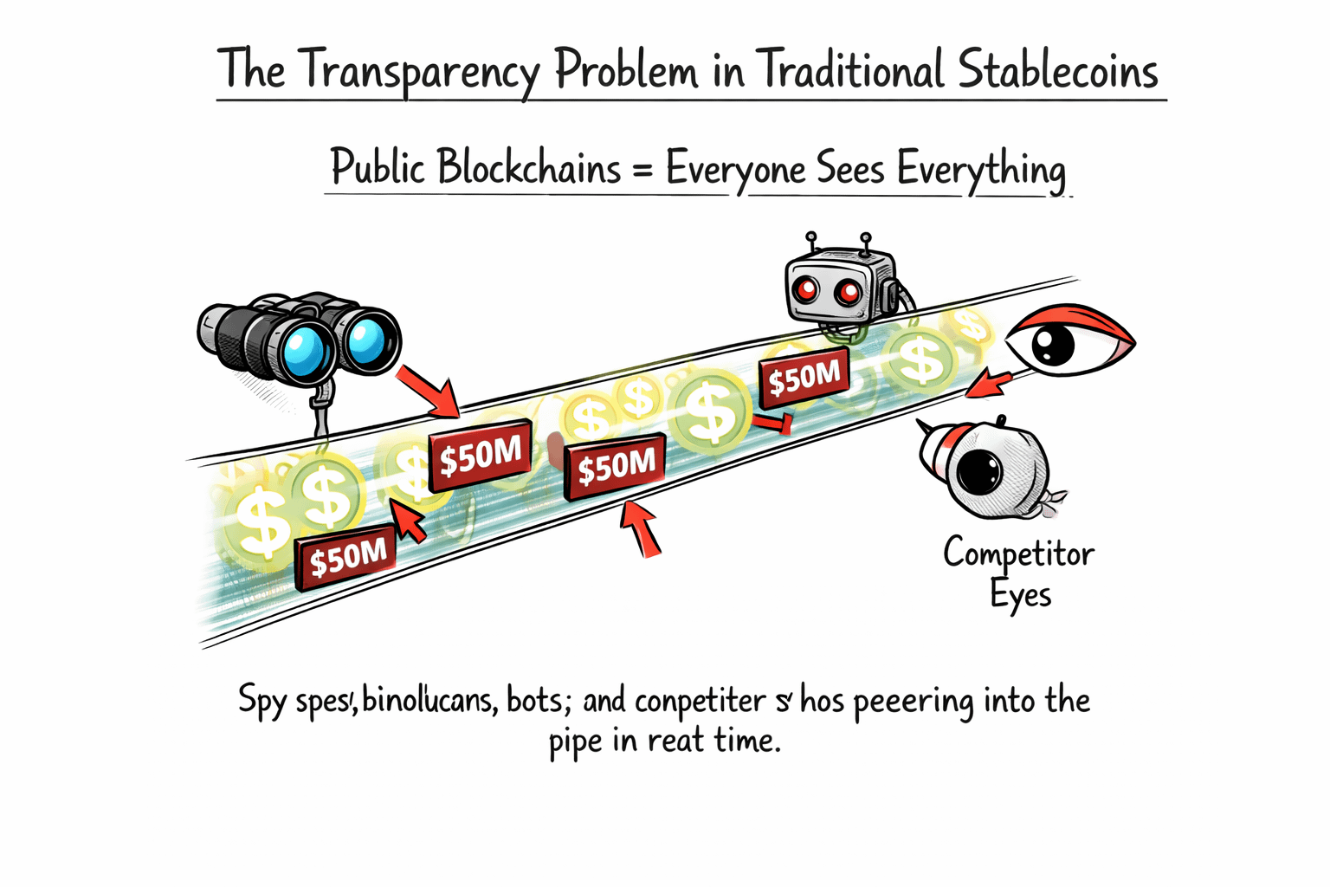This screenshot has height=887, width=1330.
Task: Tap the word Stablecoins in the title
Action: pyautogui.click(x=1058, y=70)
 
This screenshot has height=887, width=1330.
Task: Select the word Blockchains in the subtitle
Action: pyautogui.click(x=528, y=167)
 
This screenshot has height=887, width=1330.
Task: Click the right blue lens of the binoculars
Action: pyautogui.click(x=366, y=337)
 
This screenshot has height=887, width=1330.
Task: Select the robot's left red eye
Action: pyautogui.click(x=806, y=290)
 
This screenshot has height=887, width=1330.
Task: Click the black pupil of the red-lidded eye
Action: pyautogui.click(x=1053, y=346)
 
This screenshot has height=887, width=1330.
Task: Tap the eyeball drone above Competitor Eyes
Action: pyautogui.click(x=987, y=468)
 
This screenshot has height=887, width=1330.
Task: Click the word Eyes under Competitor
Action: pyautogui.click(x=1020, y=596)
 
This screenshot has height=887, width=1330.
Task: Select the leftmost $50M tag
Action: pyautogui.click(x=347, y=559)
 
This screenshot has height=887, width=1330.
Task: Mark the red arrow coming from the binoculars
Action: pyautogui.click(x=429, y=392)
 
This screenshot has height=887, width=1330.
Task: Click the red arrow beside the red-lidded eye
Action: pyautogui.click(x=989, y=384)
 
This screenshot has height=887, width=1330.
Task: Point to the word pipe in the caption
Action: pyautogui.click(x=575, y=742)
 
